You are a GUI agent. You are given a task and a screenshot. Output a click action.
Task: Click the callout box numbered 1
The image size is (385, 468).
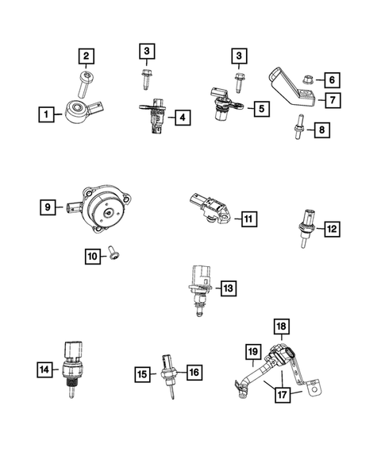click(48, 114)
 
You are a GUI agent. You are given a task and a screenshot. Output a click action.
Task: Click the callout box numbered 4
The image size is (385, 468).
click(182, 118)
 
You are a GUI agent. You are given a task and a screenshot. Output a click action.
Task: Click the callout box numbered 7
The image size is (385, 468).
click(330, 99)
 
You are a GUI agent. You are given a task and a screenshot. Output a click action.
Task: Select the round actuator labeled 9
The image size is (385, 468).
click(104, 209)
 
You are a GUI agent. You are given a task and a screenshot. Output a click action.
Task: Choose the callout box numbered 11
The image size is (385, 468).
click(248, 219)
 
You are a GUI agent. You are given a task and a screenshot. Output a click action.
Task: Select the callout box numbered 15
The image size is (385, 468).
click(142, 372)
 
